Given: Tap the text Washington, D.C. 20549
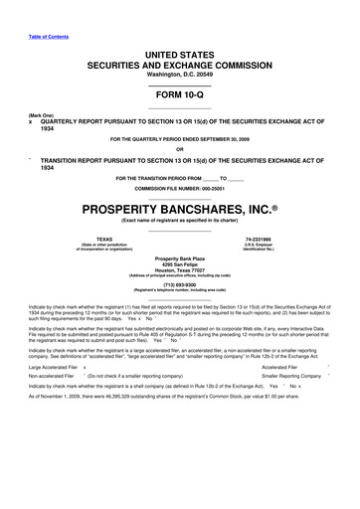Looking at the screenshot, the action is click(179, 59).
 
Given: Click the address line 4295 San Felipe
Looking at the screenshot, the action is click(179, 262).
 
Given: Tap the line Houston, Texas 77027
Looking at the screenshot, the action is click(179, 268).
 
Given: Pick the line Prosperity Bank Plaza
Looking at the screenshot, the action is click(179, 255).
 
